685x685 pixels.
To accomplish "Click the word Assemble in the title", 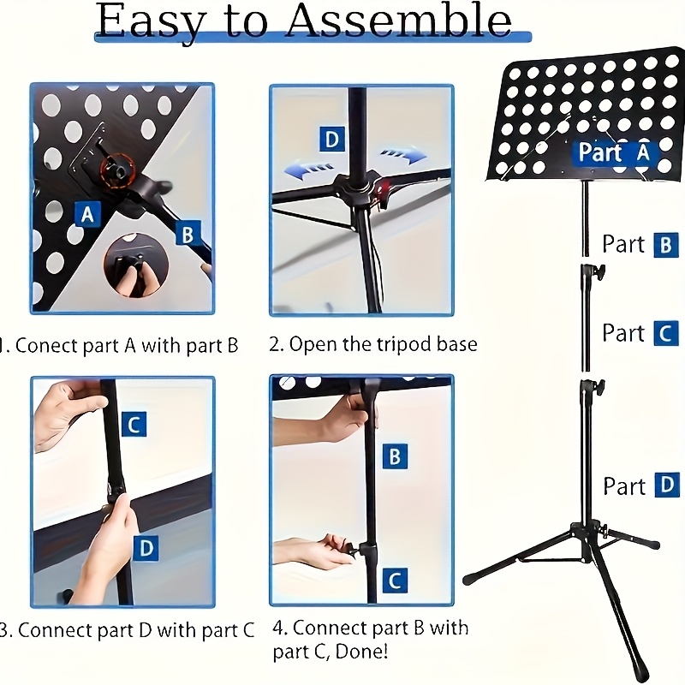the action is click(x=399, y=21).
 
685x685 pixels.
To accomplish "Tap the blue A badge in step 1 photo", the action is click(x=87, y=214).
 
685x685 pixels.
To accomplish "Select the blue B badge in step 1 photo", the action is click(x=188, y=233).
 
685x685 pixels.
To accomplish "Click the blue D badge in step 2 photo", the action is click(x=332, y=140).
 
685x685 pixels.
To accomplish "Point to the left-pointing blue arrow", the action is click(x=309, y=170).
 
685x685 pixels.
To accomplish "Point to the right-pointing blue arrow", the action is click(x=402, y=155).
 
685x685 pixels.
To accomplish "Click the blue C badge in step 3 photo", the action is click(x=134, y=424).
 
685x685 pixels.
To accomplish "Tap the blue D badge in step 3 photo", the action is click(x=146, y=548).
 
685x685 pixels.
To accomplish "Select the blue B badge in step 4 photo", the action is click(x=395, y=456).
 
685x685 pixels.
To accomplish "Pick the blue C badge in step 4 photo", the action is click(x=395, y=581).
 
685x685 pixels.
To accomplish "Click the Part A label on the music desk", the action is click(x=614, y=152).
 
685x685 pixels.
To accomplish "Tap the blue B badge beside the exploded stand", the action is click(x=666, y=245).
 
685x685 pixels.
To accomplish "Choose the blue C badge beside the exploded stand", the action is click(x=666, y=333).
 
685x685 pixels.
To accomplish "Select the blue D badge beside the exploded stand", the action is click(x=667, y=485).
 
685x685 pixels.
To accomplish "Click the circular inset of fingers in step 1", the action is click(x=136, y=265).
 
